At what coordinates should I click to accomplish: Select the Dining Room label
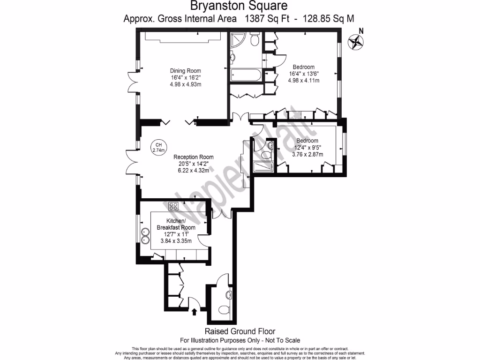click(185, 71)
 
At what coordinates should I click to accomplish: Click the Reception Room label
click(193, 157)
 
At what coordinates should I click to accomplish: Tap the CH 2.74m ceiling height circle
click(159, 148)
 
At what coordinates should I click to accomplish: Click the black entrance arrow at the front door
click(195, 312)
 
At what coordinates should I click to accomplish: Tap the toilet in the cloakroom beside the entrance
click(228, 295)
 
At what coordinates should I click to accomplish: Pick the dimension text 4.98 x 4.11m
click(303, 80)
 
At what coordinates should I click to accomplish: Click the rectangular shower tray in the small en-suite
click(262, 167)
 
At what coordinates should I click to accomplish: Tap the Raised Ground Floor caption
click(240, 331)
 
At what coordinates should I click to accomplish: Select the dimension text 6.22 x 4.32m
click(193, 171)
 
